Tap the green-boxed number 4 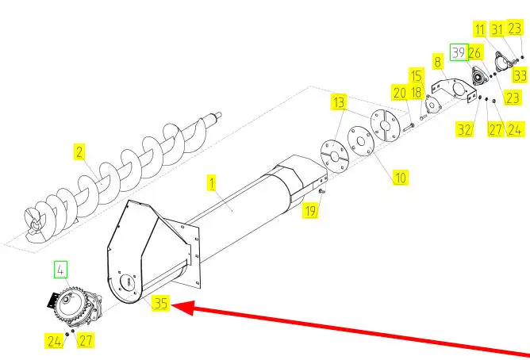(60, 269)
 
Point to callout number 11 (480, 29)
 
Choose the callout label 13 (340, 102)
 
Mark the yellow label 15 (417, 75)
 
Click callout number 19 (311, 210)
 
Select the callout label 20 (399, 93)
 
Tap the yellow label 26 (474, 52)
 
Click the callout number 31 (497, 29)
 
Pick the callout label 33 (519, 76)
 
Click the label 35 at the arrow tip (161, 302)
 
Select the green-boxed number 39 (459, 52)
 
